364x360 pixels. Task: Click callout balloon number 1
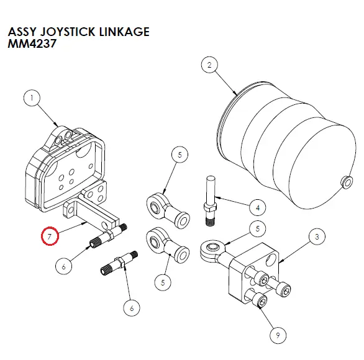click(x=32, y=98)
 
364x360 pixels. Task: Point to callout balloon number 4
click(x=257, y=207)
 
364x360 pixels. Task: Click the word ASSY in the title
click(x=20, y=31)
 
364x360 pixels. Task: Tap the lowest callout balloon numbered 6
click(x=128, y=307)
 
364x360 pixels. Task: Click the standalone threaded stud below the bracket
click(x=121, y=263)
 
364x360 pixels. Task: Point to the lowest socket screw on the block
click(x=262, y=302)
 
